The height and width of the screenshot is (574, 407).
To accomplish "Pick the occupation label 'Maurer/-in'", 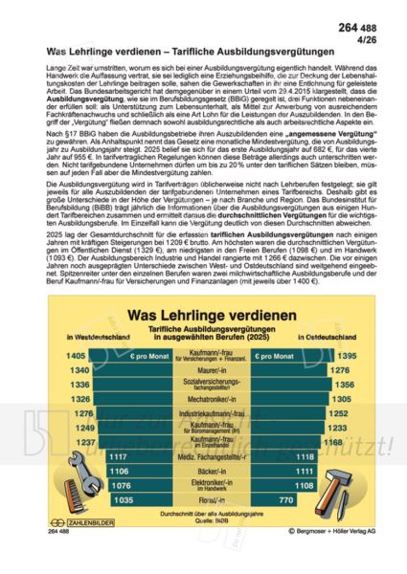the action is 203,369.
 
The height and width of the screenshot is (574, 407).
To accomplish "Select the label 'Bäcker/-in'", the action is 203,472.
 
